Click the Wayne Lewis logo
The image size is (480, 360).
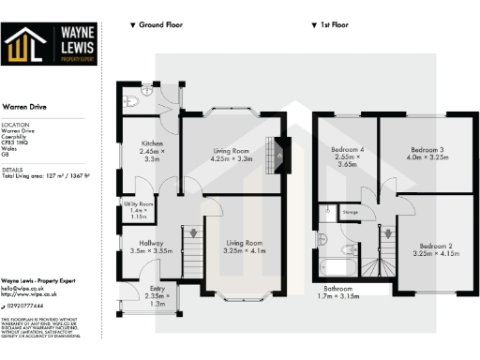[51, 44]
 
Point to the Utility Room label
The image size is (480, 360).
[139, 210]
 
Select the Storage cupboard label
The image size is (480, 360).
[350, 214]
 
